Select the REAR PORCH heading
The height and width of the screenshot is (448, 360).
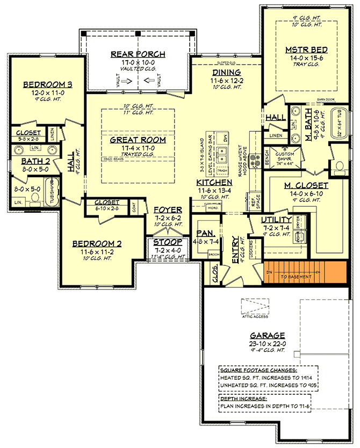click(138, 54)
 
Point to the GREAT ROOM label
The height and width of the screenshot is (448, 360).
click(138, 140)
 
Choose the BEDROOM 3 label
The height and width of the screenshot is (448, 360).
click(48, 84)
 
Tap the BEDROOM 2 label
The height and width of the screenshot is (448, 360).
click(97, 243)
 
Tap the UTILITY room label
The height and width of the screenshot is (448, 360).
click(276, 220)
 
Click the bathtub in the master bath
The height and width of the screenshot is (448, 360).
click(339, 125)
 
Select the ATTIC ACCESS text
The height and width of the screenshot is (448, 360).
click(254, 317)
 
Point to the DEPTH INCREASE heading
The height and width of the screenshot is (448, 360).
click(242, 398)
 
